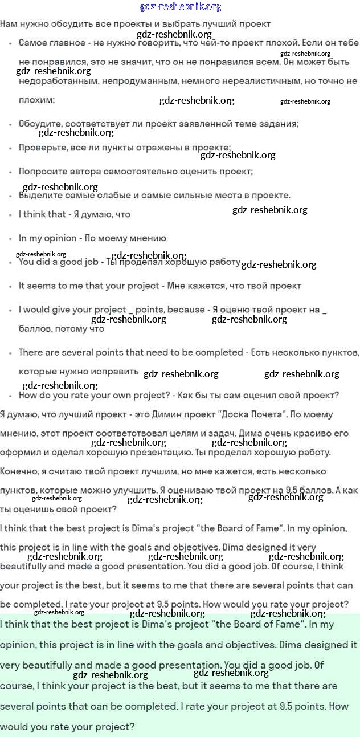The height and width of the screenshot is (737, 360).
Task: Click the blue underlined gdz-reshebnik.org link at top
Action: click(180, 7)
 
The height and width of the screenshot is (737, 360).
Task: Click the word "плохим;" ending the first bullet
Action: click(36, 100)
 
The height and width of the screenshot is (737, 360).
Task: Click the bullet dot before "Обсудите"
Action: click(11, 124)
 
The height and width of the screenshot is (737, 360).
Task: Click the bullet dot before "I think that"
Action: click(11, 215)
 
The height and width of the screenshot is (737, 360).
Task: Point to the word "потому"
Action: click(71, 329)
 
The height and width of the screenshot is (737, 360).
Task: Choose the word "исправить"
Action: click(114, 372)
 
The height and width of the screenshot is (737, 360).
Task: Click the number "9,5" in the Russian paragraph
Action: click(293, 490)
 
